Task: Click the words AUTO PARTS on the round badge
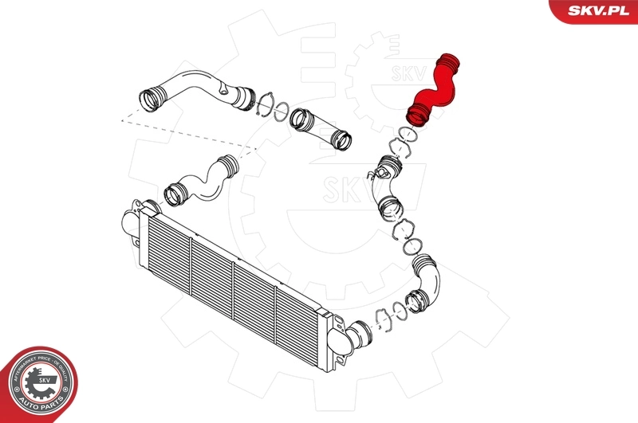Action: [41, 407]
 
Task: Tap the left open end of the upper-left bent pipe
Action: [150, 101]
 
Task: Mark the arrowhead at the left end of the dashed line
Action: [122, 119]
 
